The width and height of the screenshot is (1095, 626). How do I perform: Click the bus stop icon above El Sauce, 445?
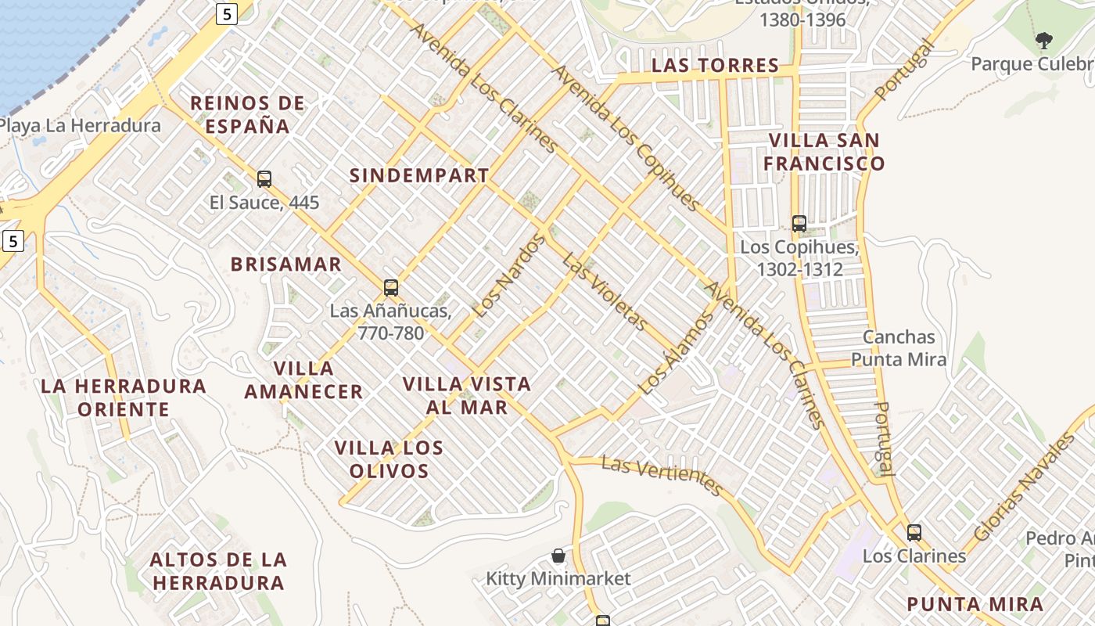pyautogui.click(x=264, y=179)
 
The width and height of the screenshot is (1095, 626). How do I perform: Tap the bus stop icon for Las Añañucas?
pyautogui.click(x=391, y=287)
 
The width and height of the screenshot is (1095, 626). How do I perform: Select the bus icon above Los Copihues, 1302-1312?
pyautogui.click(x=799, y=224)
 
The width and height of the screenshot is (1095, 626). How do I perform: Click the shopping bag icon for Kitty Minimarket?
pyautogui.click(x=558, y=556)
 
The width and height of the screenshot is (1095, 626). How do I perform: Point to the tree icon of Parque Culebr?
pyautogui.click(x=1043, y=41)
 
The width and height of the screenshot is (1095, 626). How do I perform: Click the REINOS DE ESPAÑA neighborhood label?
pyautogui.click(x=247, y=114)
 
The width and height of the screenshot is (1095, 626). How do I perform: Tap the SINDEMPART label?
pyautogui.click(x=419, y=175)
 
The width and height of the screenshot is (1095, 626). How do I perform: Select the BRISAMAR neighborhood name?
pyautogui.click(x=286, y=264)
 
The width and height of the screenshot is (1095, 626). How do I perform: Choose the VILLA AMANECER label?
pyautogui.click(x=303, y=380)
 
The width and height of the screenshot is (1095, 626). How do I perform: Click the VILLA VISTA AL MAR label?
pyautogui.click(x=467, y=396)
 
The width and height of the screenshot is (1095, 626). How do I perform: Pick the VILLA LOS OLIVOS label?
pyautogui.click(x=389, y=459)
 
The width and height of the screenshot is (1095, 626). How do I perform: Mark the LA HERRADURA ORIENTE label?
pyautogui.click(x=124, y=398)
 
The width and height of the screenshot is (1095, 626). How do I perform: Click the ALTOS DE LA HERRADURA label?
pyautogui.click(x=218, y=571)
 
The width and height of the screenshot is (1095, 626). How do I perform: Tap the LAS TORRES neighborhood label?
pyautogui.click(x=716, y=66)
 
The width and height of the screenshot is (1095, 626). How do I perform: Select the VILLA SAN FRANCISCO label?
pyautogui.click(x=824, y=152)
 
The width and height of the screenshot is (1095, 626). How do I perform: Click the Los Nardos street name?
pyautogui.click(x=508, y=277)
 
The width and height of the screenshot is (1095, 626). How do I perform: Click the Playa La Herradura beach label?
pyautogui.click(x=80, y=125)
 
